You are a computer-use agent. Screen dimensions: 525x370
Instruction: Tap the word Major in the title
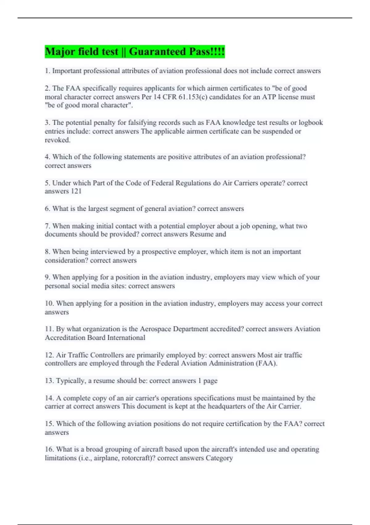[60, 52]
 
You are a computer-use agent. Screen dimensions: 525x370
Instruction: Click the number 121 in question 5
[76, 191]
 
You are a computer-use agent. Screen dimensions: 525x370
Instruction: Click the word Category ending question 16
[219, 458]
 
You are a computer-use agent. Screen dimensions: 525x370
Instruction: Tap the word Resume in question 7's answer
[202, 234]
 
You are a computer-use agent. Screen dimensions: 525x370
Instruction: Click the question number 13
[49, 380]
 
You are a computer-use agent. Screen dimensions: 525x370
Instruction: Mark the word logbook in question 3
[310, 123]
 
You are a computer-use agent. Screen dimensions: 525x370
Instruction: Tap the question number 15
[49, 424]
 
